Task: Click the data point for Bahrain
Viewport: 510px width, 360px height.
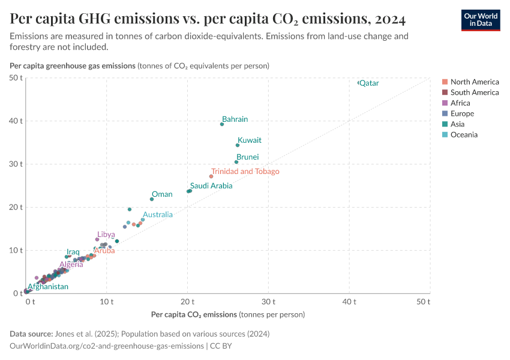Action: [x=222, y=124]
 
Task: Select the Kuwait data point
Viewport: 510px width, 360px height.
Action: [x=238, y=145]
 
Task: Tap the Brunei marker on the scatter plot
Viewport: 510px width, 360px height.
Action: [x=236, y=162]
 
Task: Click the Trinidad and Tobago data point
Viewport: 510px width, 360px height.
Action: [x=211, y=176]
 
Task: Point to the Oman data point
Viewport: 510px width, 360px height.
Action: [x=152, y=199]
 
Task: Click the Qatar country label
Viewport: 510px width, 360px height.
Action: [x=369, y=83]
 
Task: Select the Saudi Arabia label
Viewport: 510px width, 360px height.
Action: [x=211, y=186]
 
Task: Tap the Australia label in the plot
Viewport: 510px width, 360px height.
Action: [x=157, y=214]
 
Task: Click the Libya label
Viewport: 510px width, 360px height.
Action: [x=106, y=234]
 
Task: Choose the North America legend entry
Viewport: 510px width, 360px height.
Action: [x=474, y=82]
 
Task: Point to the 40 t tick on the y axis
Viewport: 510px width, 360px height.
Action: [x=16, y=121]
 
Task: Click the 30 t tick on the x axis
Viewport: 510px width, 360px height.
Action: [x=268, y=301]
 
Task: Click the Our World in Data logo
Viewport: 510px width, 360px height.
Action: [x=480, y=20]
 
